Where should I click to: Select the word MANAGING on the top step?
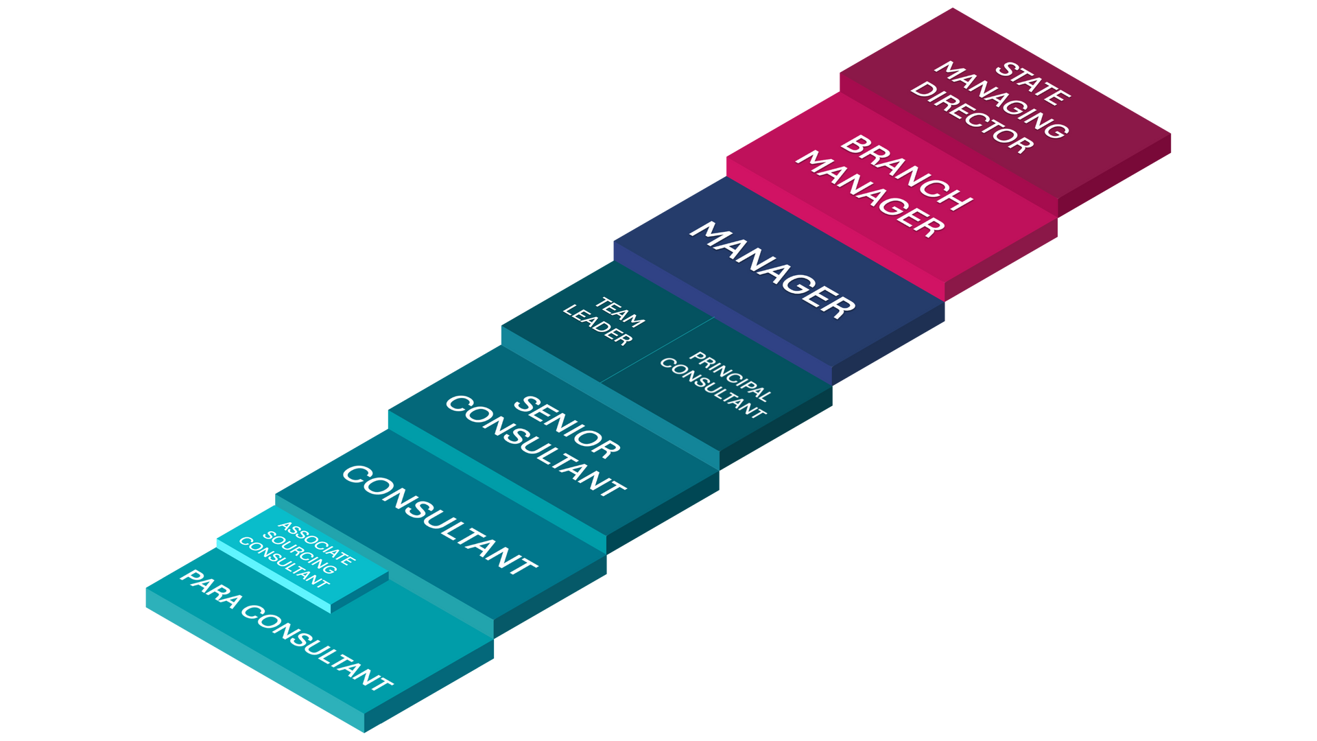(x=1002, y=100)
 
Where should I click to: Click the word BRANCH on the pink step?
(x=906, y=172)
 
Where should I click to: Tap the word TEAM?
(x=619, y=311)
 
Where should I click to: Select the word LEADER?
(x=597, y=325)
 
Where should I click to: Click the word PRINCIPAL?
(x=731, y=376)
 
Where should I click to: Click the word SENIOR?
(x=567, y=426)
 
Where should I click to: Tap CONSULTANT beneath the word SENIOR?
(x=535, y=445)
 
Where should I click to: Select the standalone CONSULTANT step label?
(x=439, y=519)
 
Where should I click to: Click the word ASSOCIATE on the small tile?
(x=317, y=543)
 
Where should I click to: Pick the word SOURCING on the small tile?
(x=300, y=553)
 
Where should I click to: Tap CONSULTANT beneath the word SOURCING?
(x=284, y=563)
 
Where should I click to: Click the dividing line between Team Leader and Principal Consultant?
(x=657, y=349)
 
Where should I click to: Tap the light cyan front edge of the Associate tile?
(x=274, y=576)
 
